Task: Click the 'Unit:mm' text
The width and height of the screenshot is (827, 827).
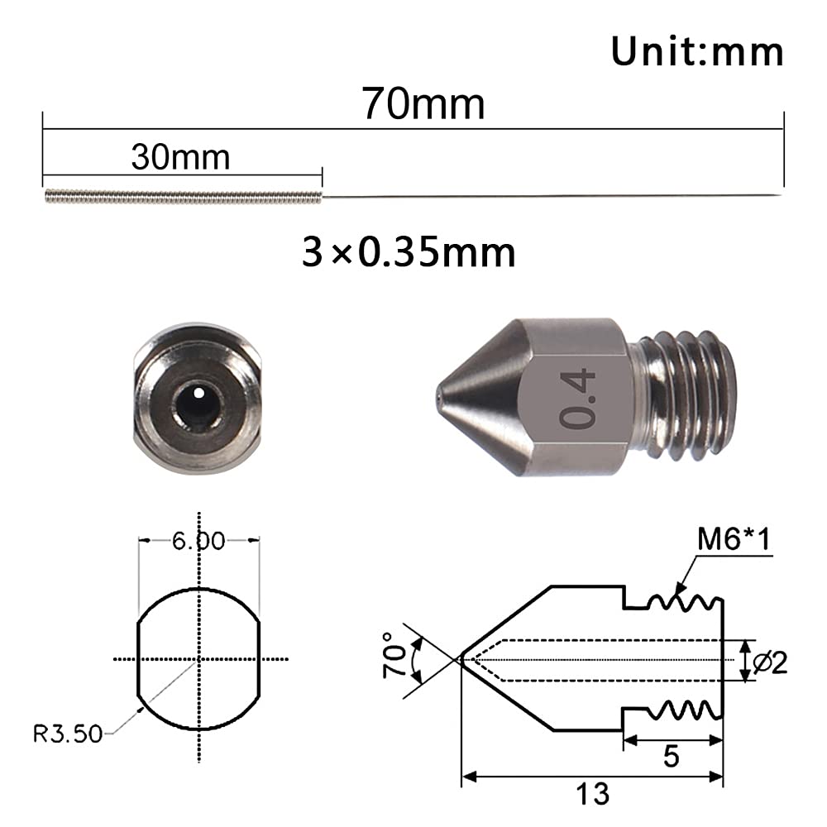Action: [696, 51]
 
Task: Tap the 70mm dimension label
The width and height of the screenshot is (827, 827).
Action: [423, 105]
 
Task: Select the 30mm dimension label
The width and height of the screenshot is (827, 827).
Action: [180, 156]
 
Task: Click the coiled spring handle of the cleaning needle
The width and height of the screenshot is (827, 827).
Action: [182, 197]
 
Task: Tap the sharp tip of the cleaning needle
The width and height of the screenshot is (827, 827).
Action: [781, 196]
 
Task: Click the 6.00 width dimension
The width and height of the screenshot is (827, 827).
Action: [198, 542]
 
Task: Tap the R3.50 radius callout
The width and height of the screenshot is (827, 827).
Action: [68, 733]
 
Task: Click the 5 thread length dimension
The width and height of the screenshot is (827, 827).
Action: [672, 756]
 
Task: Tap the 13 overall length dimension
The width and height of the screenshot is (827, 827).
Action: [593, 792]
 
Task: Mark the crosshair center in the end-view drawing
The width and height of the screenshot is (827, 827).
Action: [198, 659]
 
